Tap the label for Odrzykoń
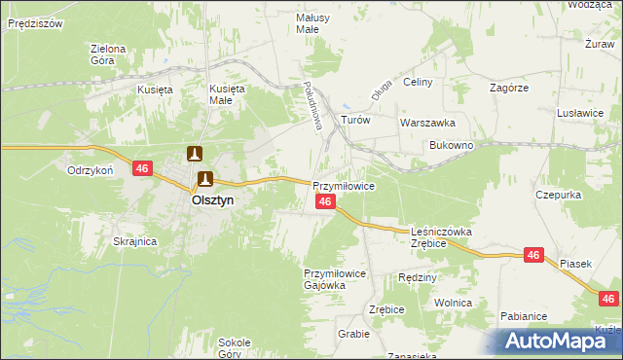pyautogui.click(x=92, y=168)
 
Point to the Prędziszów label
pyautogui.click(x=34, y=20)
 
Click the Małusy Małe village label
pyautogui.click(x=313, y=23)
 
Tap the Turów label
pyautogui.click(x=356, y=120)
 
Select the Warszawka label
pyautogui.click(x=428, y=124)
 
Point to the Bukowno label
pyautogui.click(x=451, y=145)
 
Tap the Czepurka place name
pyautogui.click(x=558, y=195)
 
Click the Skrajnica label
pyautogui.click(x=135, y=241)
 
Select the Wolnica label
pyautogui.click(x=454, y=304)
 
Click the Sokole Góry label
pyautogui.click(x=235, y=347)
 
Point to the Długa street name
pyautogui.click(x=381, y=90)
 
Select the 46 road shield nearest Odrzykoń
pyautogui.click(x=143, y=168)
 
